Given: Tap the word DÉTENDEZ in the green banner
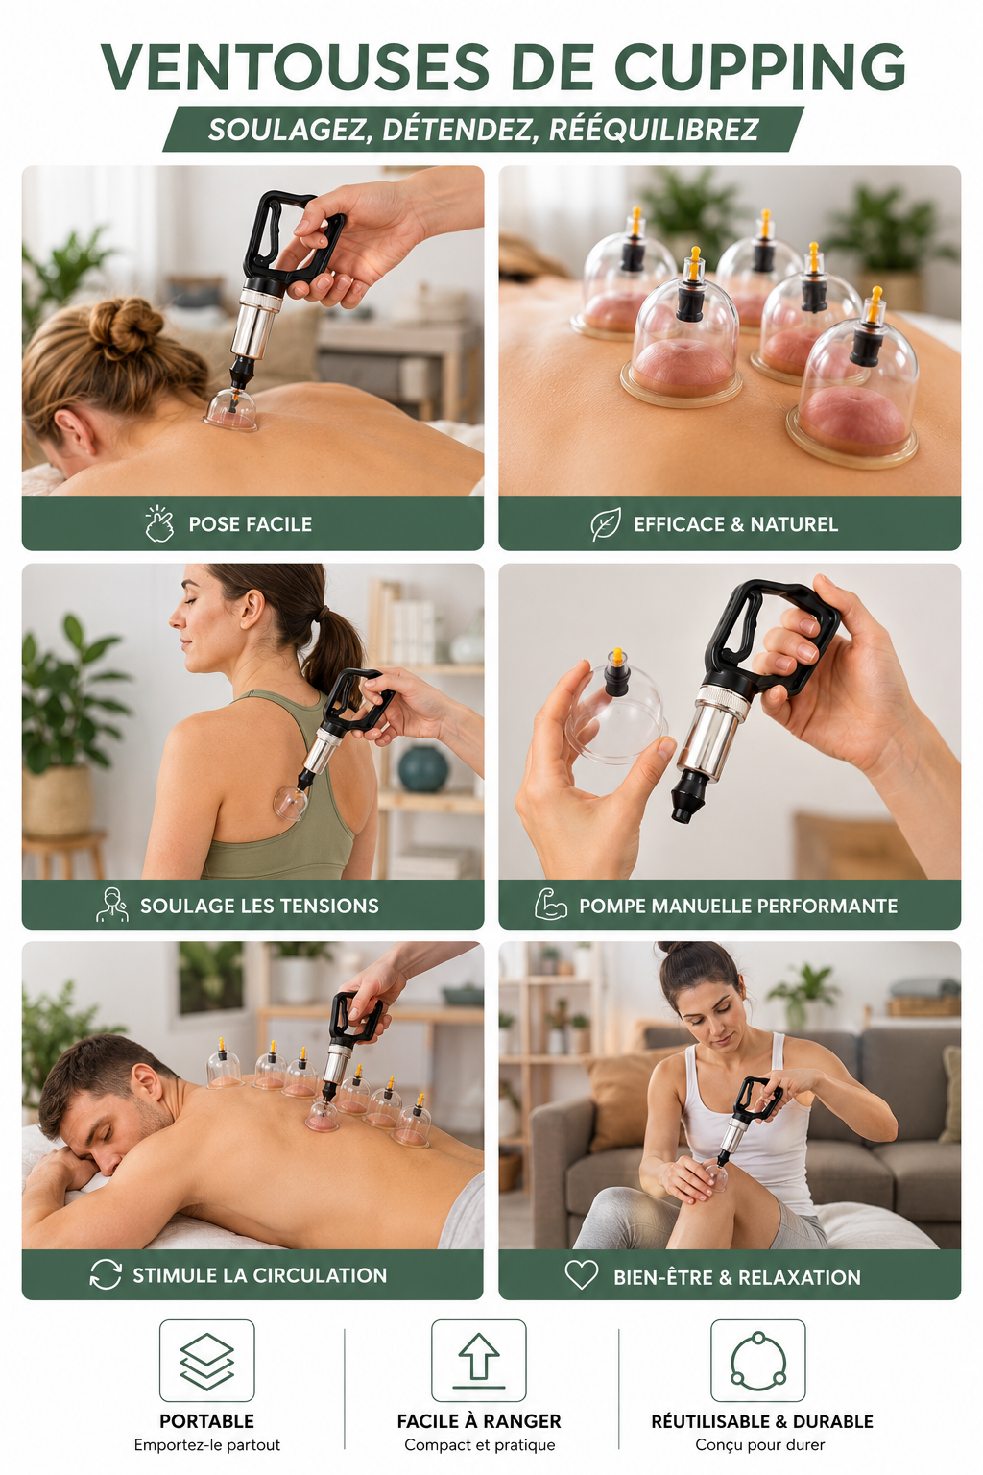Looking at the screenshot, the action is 456,130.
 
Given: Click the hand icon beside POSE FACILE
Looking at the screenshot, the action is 159,523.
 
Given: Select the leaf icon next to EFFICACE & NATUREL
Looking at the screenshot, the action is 606,524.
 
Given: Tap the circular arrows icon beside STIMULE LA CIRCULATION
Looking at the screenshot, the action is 106,1274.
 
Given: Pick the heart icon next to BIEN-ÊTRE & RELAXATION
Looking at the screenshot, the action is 582,1275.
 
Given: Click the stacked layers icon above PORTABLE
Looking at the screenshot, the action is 206,1361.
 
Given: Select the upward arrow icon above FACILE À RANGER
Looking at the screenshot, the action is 479,1361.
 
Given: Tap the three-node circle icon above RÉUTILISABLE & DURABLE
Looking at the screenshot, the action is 757,1361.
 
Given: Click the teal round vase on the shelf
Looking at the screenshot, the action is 422,768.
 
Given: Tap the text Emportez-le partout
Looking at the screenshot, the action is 206,1444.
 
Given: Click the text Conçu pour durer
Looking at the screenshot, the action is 759,1444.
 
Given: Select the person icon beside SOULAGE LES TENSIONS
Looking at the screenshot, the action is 112,905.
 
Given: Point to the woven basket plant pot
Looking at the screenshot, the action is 58,799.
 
